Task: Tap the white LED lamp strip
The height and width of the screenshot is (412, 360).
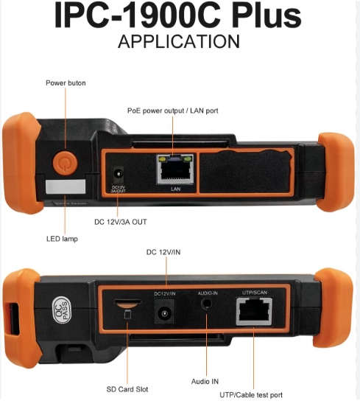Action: [x=66, y=186]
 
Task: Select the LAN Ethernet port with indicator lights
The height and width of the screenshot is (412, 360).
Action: [x=175, y=170]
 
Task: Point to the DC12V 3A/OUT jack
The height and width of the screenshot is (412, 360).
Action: [x=118, y=175]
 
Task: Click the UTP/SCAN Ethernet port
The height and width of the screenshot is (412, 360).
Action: [x=254, y=311]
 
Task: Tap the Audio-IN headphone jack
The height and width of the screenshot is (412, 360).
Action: [x=207, y=304]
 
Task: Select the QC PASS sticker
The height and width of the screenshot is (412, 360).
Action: [x=62, y=310]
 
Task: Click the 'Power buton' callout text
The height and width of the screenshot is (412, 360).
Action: [x=66, y=83]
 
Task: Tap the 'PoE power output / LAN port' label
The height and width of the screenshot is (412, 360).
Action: [x=173, y=111]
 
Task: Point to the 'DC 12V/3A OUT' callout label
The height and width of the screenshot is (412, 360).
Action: [x=121, y=222]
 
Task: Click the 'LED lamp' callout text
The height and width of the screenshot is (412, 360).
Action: [x=62, y=239]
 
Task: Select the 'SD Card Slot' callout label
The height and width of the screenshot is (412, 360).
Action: [x=127, y=389]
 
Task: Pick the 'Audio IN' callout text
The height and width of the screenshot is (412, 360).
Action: [x=205, y=381]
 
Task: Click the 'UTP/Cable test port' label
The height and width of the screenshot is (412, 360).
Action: [x=251, y=395]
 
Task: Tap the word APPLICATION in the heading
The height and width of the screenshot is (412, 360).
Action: [x=179, y=41]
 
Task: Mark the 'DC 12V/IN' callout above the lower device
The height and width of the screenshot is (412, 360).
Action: [x=163, y=252]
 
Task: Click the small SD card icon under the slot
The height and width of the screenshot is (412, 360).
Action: [x=127, y=314]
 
